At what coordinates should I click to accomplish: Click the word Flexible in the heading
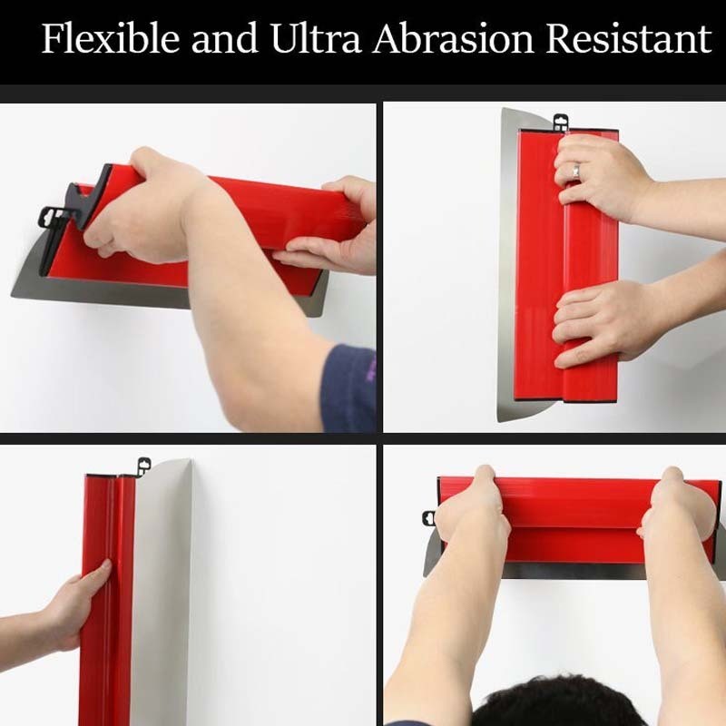[x=110, y=38]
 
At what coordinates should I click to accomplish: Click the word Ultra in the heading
[x=315, y=38]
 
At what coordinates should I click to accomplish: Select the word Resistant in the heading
[x=629, y=38]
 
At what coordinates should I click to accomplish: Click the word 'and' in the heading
[x=224, y=38]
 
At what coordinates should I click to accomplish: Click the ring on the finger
[x=575, y=170]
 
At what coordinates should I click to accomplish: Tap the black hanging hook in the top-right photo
[x=561, y=123]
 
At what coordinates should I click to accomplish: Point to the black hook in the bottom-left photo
[x=144, y=466]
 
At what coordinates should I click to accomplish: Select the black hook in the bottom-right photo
[x=428, y=518]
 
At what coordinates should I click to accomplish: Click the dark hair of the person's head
[x=558, y=701]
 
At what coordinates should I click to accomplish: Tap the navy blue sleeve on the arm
[x=348, y=388]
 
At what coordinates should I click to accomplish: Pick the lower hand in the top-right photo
[x=597, y=322]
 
